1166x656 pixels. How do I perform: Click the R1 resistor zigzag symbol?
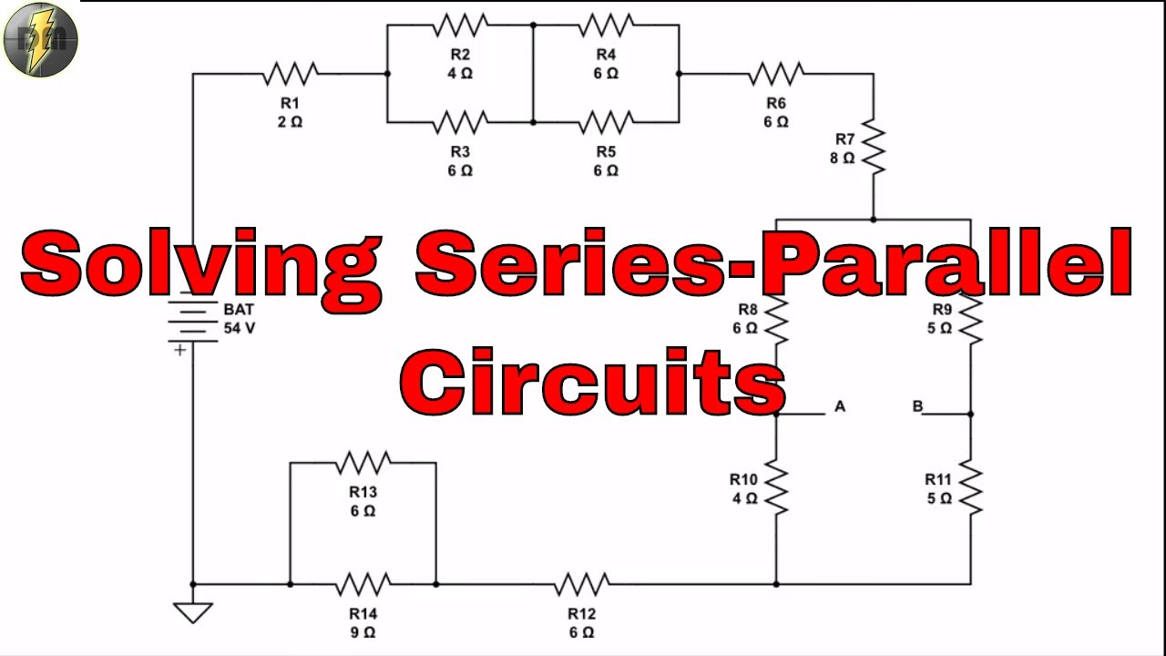(x=290, y=73)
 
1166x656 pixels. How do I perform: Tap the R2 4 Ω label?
(x=460, y=65)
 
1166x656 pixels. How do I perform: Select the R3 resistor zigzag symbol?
(x=460, y=121)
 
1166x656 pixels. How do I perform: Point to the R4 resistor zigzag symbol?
(x=606, y=25)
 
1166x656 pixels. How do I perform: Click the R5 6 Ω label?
(x=606, y=161)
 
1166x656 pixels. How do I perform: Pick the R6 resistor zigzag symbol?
(x=776, y=73)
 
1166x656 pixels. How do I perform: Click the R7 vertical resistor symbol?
(x=873, y=148)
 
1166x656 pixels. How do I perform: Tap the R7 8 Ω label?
(x=844, y=149)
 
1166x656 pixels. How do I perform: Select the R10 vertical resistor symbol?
(x=776, y=487)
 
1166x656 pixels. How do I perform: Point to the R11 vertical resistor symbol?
(x=970, y=487)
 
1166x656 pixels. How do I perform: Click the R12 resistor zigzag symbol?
(x=581, y=583)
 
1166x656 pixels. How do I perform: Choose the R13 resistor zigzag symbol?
(x=363, y=463)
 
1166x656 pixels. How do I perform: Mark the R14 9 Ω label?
(x=363, y=622)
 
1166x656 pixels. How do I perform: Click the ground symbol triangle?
(x=193, y=611)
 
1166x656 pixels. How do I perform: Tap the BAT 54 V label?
(x=239, y=319)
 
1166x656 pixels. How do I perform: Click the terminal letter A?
(x=840, y=406)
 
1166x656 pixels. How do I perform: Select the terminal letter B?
(x=917, y=406)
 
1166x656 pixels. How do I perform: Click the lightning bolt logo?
(x=40, y=40)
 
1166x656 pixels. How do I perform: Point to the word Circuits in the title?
(x=592, y=383)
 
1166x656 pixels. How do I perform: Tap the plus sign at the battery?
(x=180, y=350)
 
